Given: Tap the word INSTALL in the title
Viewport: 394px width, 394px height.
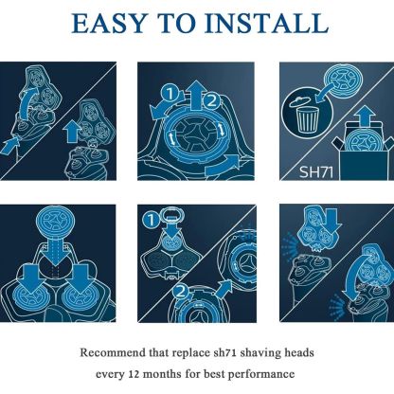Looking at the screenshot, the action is (x=267, y=24).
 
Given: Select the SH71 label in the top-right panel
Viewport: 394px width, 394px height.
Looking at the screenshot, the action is (x=316, y=172).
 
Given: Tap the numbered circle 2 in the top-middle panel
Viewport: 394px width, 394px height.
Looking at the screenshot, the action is (x=211, y=100).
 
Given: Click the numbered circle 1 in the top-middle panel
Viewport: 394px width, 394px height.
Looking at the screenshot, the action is (x=170, y=94).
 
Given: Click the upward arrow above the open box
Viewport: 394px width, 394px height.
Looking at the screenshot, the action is (x=365, y=116).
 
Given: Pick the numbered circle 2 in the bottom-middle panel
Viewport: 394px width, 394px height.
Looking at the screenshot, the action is (x=181, y=292).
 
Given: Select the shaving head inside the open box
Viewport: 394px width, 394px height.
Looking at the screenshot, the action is (x=364, y=141).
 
